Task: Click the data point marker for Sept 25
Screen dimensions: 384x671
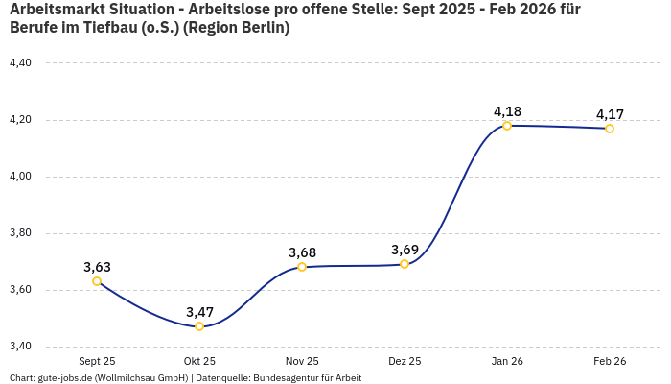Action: tap(97, 281)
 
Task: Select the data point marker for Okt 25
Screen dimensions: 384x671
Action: tap(199, 326)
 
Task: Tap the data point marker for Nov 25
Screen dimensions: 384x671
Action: tap(302, 267)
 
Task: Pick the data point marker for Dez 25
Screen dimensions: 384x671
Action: tap(405, 264)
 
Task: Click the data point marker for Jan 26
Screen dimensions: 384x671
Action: tap(507, 126)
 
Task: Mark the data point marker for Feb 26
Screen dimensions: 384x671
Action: tap(610, 129)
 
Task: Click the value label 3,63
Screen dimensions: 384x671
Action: tap(97, 267)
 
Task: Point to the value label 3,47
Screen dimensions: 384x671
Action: tap(199, 312)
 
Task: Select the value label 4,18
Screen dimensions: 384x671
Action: tap(507, 111)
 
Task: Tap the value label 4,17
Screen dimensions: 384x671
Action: tap(610, 114)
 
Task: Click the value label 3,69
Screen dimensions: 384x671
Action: tap(405, 250)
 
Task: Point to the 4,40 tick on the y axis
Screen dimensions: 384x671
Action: tap(20, 63)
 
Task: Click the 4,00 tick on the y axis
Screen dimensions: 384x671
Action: tap(20, 177)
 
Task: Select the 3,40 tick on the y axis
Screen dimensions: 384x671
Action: tap(20, 347)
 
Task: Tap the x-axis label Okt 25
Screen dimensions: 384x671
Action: tap(199, 361)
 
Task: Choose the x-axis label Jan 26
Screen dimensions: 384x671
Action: tap(507, 361)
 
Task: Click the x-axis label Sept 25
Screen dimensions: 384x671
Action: tap(97, 361)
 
